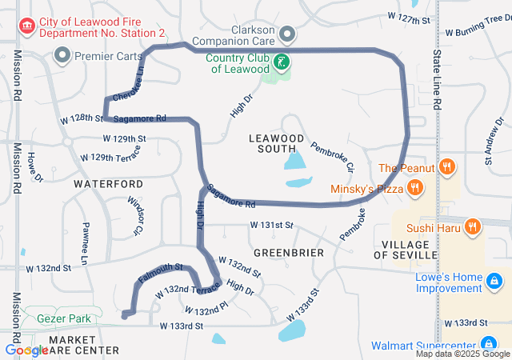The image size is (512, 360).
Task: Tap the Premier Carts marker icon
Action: (x=62, y=55)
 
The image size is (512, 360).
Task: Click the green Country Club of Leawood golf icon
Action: (x=281, y=62)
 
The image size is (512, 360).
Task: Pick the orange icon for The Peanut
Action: (x=448, y=168)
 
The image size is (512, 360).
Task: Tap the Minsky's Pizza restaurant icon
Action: (x=414, y=189)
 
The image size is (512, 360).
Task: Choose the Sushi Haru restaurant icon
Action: (x=473, y=226)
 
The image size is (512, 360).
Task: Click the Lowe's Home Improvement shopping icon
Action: (x=495, y=281)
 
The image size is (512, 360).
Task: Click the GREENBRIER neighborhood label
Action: (x=288, y=253)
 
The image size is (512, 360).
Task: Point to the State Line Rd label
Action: (x=437, y=80)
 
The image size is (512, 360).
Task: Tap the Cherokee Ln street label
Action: (x=134, y=82)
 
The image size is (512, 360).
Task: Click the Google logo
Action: (x=26, y=350)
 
